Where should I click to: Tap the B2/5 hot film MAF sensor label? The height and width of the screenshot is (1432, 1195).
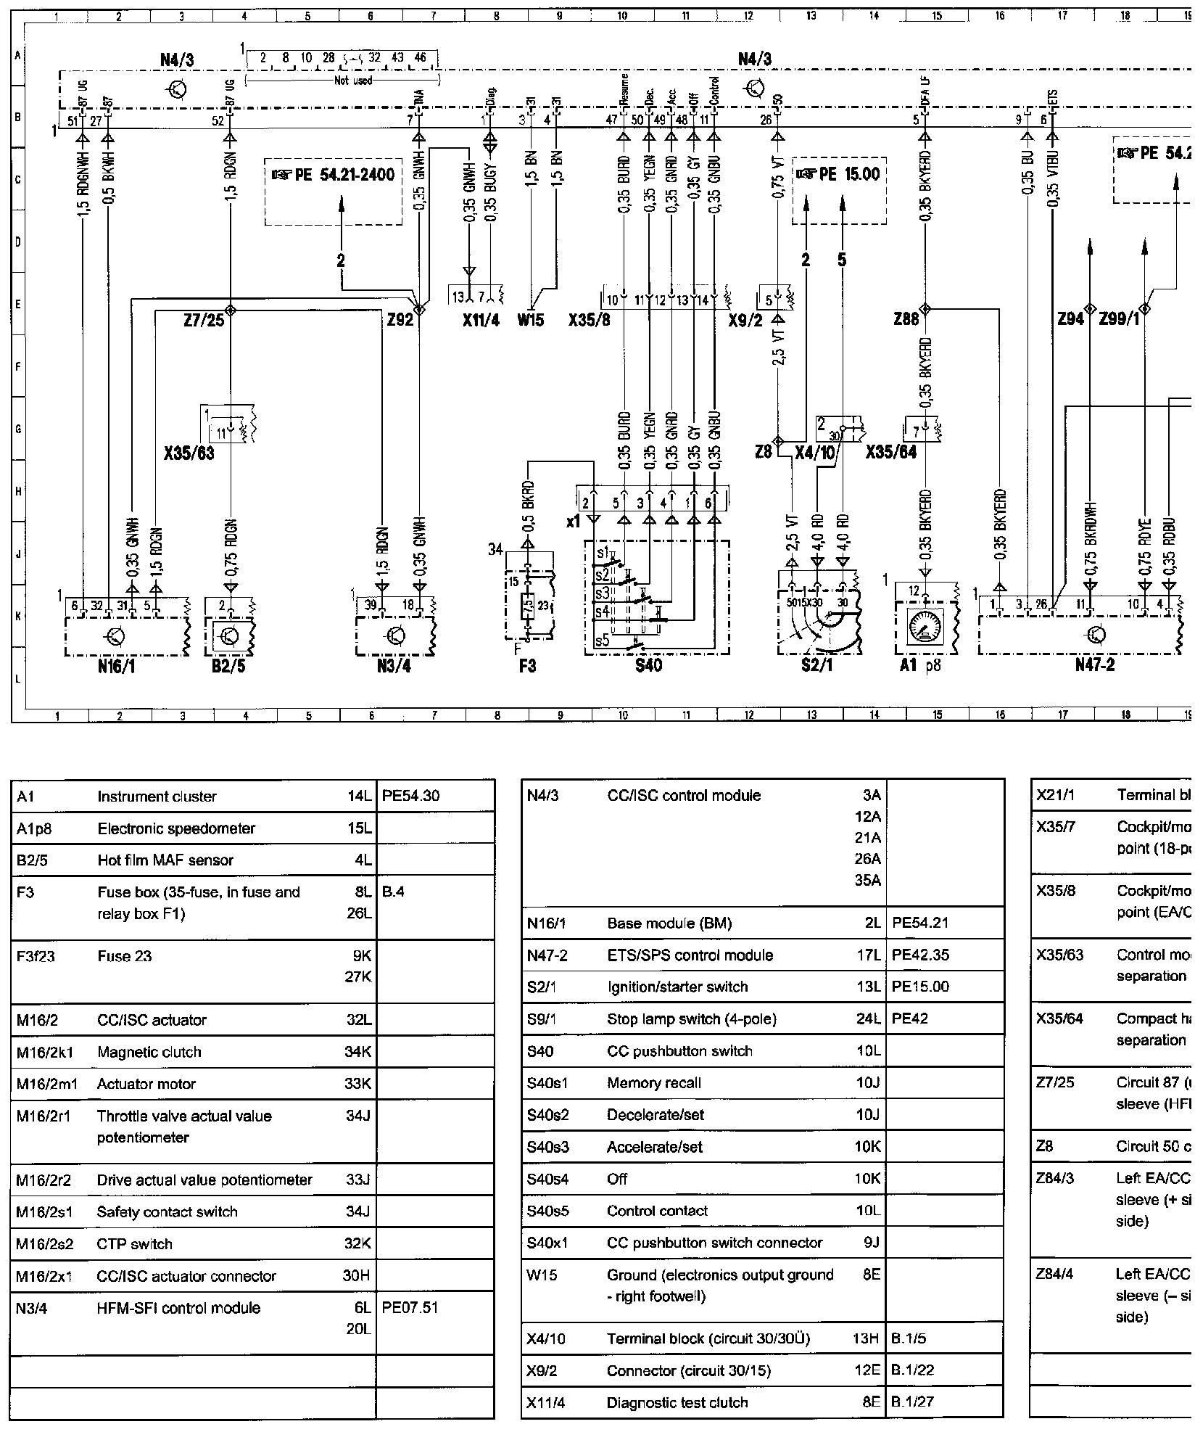(228, 666)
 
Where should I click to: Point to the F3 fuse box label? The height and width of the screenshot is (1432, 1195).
(527, 665)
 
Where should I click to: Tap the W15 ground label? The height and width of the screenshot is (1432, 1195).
(531, 320)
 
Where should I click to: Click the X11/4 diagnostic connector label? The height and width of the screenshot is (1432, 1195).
(481, 320)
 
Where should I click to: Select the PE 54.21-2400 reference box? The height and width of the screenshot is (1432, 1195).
(334, 176)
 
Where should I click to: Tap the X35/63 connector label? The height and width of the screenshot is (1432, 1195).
(189, 455)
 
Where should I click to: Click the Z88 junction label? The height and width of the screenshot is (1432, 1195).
(906, 320)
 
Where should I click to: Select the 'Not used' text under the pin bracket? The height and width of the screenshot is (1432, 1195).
(352, 81)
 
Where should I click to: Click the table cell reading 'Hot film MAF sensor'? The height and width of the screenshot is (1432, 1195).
(165, 860)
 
